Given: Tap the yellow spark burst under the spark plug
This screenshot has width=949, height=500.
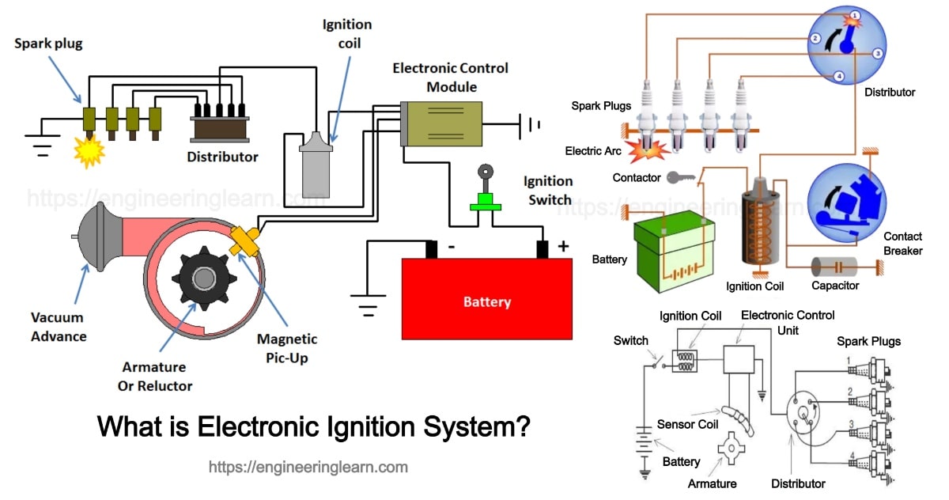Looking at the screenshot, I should (x=89, y=150).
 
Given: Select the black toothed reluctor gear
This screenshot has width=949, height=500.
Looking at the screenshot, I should (x=203, y=278).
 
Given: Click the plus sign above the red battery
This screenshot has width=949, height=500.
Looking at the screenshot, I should (x=563, y=247).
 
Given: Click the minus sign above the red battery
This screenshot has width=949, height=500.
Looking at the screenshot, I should (x=451, y=247).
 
